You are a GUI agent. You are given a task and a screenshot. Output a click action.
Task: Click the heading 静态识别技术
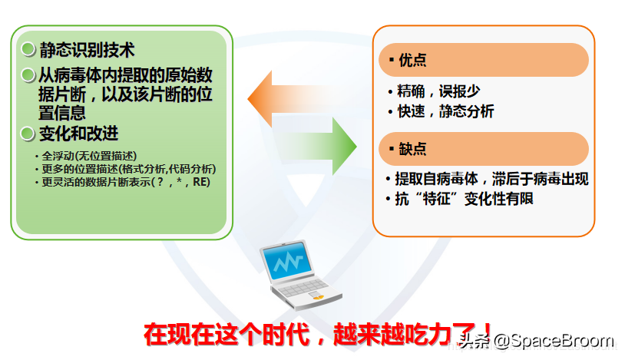click(x=87, y=50)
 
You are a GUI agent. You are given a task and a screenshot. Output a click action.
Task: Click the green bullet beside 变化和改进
click(x=28, y=134)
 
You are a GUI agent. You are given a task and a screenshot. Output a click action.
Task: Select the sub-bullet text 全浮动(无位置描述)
click(x=86, y=156)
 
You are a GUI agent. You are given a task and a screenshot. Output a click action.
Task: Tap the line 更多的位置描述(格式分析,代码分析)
click(x=127, y=169)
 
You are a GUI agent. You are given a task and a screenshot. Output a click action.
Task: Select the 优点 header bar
click(x=484, y=60)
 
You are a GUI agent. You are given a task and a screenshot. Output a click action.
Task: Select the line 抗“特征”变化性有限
click(x=464, y=199)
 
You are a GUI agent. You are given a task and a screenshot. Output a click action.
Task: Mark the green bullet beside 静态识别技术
click(x=28, y=50)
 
